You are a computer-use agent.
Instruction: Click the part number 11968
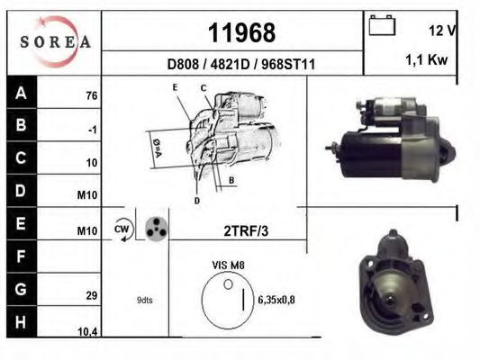[241, 33]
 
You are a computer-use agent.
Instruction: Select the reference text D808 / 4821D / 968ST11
[241, 65]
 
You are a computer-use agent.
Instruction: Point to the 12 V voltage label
[443, 30]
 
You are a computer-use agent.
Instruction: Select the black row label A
[21, 92]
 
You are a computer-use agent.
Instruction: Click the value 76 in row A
[90, 96]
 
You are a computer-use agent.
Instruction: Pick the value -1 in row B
[92, 130]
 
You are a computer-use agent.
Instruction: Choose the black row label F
[21, 256]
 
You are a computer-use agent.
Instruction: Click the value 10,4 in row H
[87, 332]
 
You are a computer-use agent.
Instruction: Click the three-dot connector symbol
[156, 228]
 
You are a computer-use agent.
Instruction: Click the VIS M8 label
[228, 265]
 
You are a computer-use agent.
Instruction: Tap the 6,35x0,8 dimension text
[277, 300]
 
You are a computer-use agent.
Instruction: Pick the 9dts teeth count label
[144, 300]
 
